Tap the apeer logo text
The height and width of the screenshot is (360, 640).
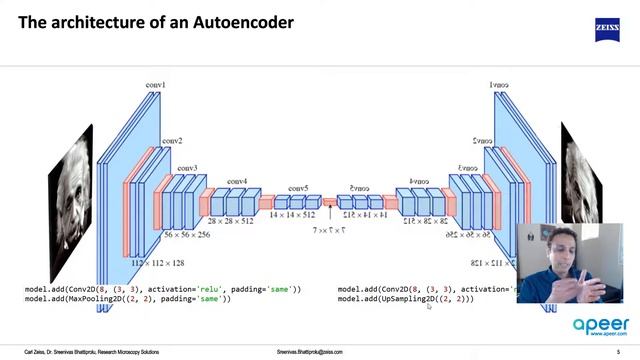click(x=600, y=325)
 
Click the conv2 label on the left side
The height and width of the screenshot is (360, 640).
click(x=171, y=141)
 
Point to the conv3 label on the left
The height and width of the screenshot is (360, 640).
click(x=188, y=168)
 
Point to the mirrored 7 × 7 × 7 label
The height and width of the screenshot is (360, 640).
click(x=330, y=229)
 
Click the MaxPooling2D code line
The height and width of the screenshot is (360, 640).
click(x=128, y=299)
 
